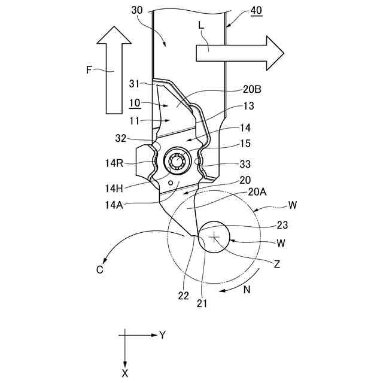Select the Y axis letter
[162, 335]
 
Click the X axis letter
[125, 373]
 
